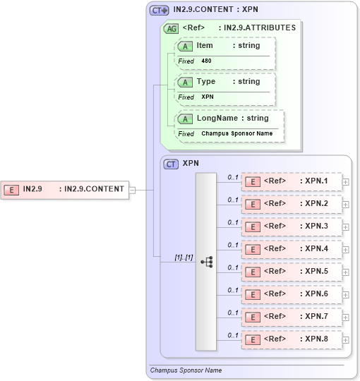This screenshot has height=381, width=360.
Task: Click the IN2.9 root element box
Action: tap(65, 189)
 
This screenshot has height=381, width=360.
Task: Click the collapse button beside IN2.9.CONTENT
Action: tap(132, 189)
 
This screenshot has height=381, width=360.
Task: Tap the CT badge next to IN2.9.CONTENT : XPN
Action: tap(159, 11)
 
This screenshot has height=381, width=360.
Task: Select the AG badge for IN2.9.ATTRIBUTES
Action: tap(171, 28)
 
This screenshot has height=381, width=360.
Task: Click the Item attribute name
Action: tap(205, 46)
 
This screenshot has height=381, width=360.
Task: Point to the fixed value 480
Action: tap(206, 61)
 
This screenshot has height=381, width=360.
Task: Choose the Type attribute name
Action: tap(206, 82)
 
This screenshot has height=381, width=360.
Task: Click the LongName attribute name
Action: tap(217, 119)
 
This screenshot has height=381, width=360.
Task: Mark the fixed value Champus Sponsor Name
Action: tap(236, 133)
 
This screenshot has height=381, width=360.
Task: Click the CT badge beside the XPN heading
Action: tap(171, 164)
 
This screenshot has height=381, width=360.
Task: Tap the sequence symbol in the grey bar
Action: tap(207, 261)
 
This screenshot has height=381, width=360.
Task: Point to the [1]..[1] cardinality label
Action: tap(184, 257)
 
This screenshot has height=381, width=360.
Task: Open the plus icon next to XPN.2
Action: tap(345, 205)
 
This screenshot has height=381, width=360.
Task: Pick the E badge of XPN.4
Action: tap(253, 249)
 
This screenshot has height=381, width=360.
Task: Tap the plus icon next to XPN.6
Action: tap(345, 295)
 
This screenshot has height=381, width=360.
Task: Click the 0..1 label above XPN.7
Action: tap(233, 313)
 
